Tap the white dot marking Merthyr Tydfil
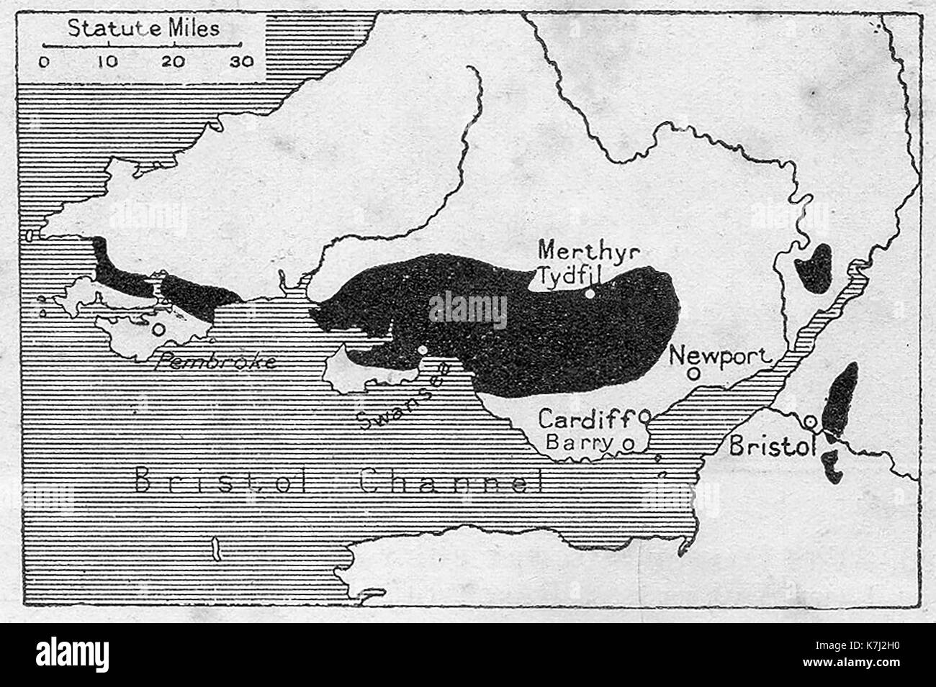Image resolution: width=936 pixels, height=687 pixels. (590, 294)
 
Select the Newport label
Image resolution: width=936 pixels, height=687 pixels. (720, 354)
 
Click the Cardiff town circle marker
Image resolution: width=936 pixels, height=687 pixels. (644, 415)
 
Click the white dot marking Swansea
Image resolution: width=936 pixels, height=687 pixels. (423, 350)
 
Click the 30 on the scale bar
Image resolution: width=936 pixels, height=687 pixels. (242, 61)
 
